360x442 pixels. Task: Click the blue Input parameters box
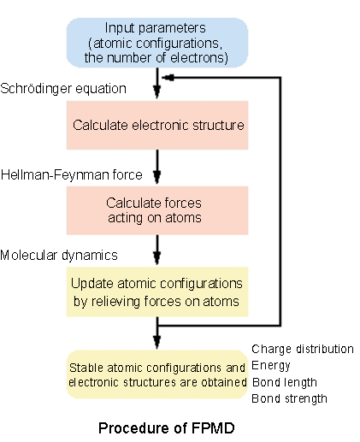[157, 43]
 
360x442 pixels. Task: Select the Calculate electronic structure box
[157, 125]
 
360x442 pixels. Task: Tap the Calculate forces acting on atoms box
[157, 210]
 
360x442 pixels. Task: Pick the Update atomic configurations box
[157, 292]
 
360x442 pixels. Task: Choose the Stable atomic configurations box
[157, 374]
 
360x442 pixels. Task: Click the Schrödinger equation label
[63, 89]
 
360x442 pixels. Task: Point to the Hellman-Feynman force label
[72, 174]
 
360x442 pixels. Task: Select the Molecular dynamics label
[59, 256]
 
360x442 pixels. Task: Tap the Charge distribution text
[303, 350]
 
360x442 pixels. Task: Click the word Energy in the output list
[271, 366]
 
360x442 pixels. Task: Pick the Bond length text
[285, 382]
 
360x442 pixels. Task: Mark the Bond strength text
[289, 398]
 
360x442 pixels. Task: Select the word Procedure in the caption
[137, 428]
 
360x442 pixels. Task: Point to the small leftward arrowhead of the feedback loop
[168, 77]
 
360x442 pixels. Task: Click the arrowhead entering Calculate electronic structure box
[157, 92]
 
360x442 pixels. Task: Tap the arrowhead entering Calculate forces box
[157, 177]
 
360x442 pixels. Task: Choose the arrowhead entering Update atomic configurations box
[157, 258]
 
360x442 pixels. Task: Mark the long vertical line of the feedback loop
[280, 201]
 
